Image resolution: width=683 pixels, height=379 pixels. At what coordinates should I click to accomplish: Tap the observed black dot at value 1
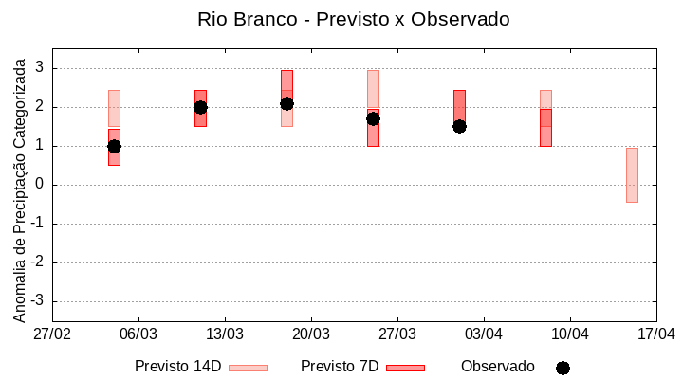(114, 146)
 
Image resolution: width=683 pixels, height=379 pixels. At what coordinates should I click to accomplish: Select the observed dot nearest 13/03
(200, 107)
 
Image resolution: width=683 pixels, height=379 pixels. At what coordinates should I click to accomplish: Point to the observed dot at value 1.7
(373, 118)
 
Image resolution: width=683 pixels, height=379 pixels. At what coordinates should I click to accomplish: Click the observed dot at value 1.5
(459, 126)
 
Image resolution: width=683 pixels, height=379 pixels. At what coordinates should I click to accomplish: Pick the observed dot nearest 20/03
(286, 103)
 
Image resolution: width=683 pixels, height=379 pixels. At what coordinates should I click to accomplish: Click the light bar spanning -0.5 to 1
(632, 175)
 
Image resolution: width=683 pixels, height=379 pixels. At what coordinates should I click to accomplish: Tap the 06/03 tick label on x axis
(138, 334)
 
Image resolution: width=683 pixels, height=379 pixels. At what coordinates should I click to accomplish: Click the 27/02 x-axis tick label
(52, 334)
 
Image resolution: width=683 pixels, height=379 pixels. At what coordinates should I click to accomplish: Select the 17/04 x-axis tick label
(655, 334)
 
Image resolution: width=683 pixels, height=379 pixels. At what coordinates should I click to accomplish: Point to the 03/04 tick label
(484, 334)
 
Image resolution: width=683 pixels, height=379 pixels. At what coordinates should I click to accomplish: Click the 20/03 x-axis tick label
(311, 334)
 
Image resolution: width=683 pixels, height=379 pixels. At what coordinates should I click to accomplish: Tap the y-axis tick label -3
(39, 301)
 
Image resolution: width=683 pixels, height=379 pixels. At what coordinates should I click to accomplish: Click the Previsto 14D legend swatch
(248, 367)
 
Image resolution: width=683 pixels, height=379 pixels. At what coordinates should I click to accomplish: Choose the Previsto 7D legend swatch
(405, 367)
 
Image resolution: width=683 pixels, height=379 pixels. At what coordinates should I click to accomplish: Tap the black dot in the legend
(563, 368)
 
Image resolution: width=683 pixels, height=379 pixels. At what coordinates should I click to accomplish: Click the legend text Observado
(497, 366)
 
